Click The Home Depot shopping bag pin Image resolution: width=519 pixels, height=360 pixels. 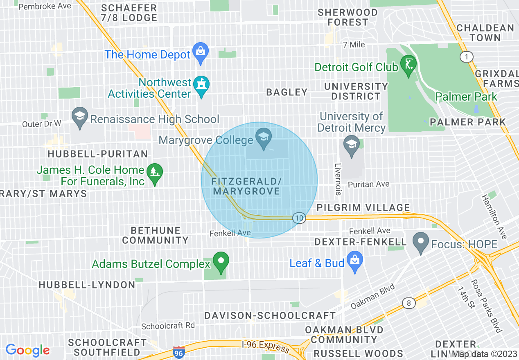(x=201, y=52)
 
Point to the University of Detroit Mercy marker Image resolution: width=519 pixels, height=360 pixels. (x=352, y=145)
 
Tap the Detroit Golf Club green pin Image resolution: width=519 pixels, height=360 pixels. (x=408, y=64)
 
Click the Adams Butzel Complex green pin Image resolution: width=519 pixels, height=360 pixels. (x=221, y=261)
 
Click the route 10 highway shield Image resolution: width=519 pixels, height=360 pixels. (x=299, y=218)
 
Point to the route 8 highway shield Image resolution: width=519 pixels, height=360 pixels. (x=408, y=303)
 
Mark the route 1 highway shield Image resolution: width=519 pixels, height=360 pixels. (x=466, y=57)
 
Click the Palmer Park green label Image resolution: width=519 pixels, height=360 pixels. (x=466, y=97)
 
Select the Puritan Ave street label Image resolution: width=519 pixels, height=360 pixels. (x=368, y=184)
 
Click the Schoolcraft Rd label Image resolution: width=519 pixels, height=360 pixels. (x=168, y=326)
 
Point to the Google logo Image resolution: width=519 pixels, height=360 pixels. (x=28, y=350)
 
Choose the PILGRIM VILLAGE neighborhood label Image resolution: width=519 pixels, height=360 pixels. (x=363, y=207)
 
